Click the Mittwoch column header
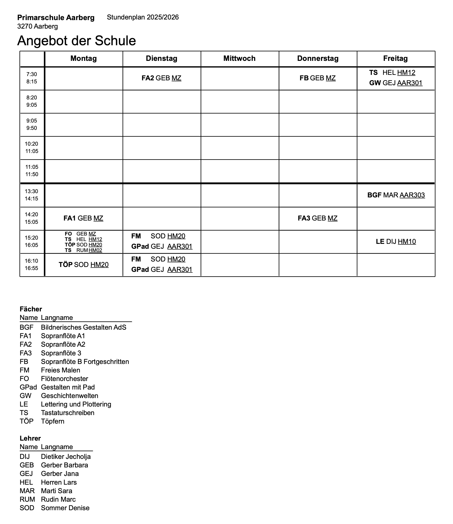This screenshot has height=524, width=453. tap(239, 58)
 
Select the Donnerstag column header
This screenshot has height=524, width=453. tap(318, 58)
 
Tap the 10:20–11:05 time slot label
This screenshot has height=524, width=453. tap(32, 147)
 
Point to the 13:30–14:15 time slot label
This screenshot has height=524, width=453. tap(32, 195)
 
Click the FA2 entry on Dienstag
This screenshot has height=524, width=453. tap(161, 78)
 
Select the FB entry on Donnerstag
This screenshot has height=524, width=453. tap(318, 78)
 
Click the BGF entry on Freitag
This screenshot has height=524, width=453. tap(396, 195)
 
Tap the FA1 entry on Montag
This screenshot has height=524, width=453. tap(83, 218)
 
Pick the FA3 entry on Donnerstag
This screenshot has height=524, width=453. tap(318, 218)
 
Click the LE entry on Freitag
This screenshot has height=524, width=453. tap(396, 242)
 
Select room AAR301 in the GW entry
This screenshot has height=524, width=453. tap(410, 83)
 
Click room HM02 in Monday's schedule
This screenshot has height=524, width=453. tap(95, 250)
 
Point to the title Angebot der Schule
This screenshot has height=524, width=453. tap(77, 41)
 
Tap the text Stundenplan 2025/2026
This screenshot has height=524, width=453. tap(143, 17)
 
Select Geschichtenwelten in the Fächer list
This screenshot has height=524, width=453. tap(70, 396)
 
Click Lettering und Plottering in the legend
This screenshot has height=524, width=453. tap(76, 404)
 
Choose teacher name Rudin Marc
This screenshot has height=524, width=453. tap(58, 499)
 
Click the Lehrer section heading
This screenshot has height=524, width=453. tap(30, 438)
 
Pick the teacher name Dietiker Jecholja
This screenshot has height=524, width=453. tap(66, 457)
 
